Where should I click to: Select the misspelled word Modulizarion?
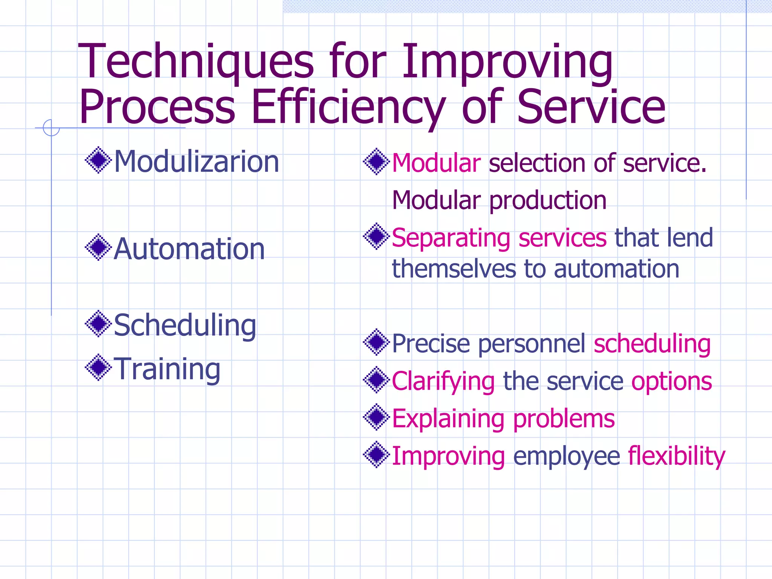[196, 162]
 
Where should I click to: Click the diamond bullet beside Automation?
[98, 247]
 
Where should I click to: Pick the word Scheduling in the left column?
[185, 325]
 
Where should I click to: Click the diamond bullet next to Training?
[98, 367]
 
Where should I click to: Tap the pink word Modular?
[436, 163]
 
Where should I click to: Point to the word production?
[548, 201]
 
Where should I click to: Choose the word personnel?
[532, 344]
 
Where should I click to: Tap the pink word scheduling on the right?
[652, 344]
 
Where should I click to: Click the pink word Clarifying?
[443, 382]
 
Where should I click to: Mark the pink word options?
[671, 382]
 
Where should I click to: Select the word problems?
[564, 419]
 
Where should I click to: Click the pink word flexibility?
[676, 456]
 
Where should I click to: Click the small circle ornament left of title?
[51, 128]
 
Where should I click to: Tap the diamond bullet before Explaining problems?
[376, 417]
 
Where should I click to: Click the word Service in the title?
[591, 107]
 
